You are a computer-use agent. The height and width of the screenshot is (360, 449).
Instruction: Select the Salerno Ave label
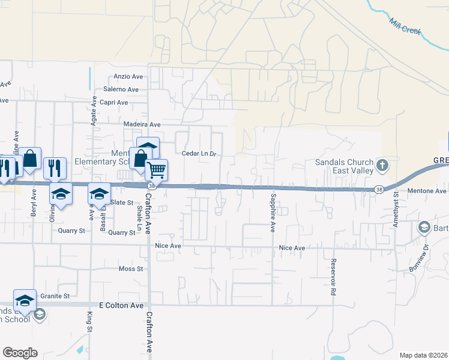pyautogui.click(x=121, y=89)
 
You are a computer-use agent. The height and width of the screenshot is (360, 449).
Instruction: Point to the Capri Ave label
pyautogui.click(x=115, y=103)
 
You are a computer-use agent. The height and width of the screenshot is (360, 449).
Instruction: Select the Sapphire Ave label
pyautogui.click(x=273, y=214)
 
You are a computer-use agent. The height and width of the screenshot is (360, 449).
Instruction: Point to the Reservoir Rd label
pyautogui.click(x=332, y=277)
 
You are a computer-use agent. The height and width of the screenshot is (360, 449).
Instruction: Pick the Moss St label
pyautogui.click(x=130, y=269)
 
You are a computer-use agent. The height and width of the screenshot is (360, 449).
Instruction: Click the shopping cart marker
pyautogui.click(x=157, y=170)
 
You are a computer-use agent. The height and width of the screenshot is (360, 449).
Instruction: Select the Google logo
pyautogui.click(x=20, y=353)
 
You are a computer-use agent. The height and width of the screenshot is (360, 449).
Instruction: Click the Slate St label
pyautogui.click(x=121, y=203)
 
